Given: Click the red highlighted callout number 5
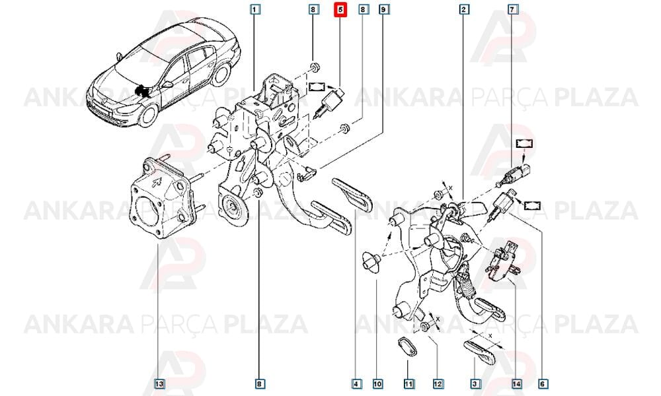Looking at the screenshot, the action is [x=340, y=9].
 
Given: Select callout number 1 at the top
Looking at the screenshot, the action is [x=255, y=9].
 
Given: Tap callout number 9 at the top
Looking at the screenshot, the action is [x=383, y=9].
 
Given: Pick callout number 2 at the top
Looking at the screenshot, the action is [x=464, y=9].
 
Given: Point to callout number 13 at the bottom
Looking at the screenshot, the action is [x=159, y=384].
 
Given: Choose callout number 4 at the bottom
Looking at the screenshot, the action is [x=356, y=384].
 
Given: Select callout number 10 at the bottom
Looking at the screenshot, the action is [x=377, y=384].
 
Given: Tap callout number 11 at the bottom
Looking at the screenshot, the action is [x=408, y=384].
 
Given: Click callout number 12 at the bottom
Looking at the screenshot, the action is [x=438, y=384].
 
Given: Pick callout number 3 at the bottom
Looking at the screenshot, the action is [x=475, y=384].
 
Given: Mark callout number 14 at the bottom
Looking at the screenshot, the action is [x=517, y=384].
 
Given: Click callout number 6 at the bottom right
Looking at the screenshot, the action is [x=543, y=384].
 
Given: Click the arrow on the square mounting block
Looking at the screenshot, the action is [x=157, y=182].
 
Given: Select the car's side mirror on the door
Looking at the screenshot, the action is [x=167, y=84].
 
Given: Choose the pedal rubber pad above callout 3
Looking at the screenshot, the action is [x=479, y=352].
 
